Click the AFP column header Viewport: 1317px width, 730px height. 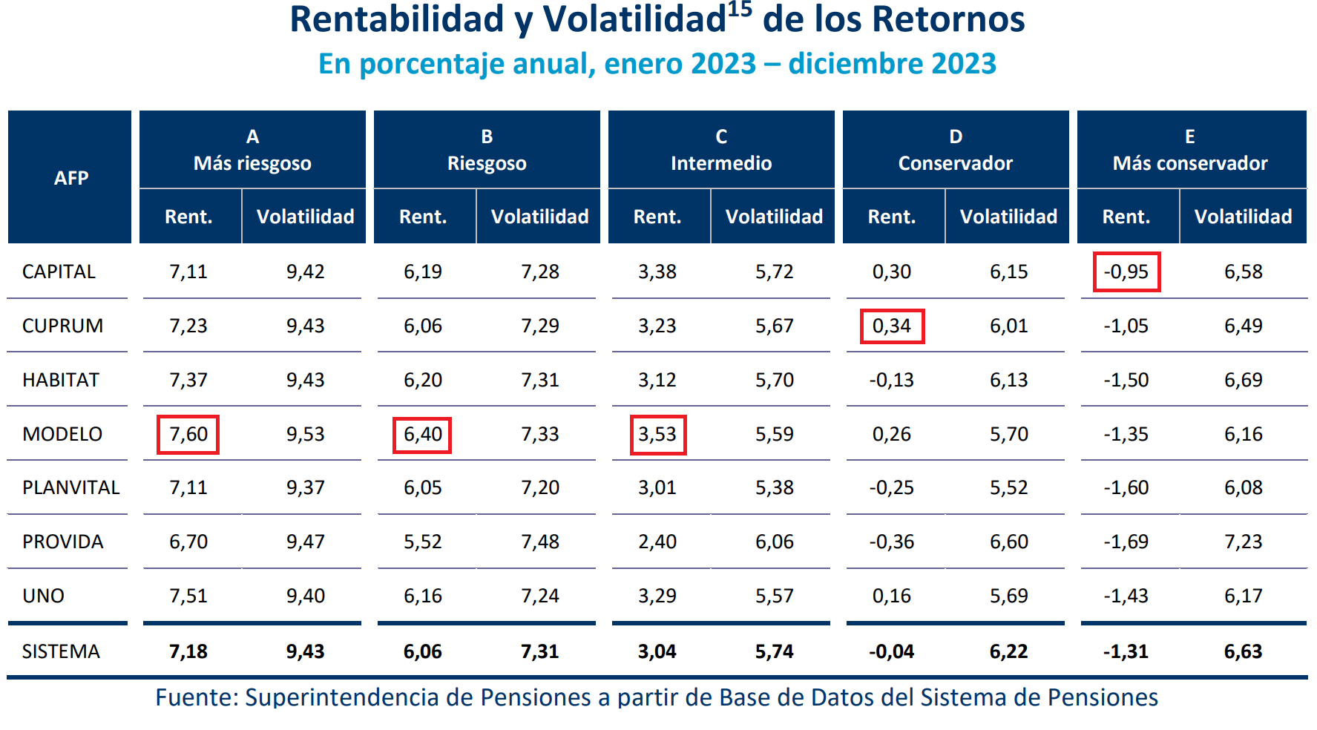71,178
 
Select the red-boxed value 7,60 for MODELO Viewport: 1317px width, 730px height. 188,434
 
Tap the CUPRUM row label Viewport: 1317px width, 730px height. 62,326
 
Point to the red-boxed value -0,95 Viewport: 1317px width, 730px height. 1126,272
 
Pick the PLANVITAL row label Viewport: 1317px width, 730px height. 70,487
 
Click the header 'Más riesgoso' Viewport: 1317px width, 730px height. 252,163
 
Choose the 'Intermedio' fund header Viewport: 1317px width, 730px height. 721,163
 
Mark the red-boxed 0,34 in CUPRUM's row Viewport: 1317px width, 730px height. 892,326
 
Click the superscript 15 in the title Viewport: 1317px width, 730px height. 740,10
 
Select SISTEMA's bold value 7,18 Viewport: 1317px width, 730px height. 188,651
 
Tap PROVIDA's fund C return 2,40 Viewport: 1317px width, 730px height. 657,542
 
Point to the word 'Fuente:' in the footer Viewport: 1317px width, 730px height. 196,697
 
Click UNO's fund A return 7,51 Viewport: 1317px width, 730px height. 188,596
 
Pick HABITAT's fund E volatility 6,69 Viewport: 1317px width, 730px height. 1244,380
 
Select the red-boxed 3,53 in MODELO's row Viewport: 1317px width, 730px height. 657,434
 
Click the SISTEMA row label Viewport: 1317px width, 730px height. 61,651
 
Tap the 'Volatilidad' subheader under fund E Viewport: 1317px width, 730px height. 1244,217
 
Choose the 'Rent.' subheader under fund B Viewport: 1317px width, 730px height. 423,217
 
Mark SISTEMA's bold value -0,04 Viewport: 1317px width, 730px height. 892,651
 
